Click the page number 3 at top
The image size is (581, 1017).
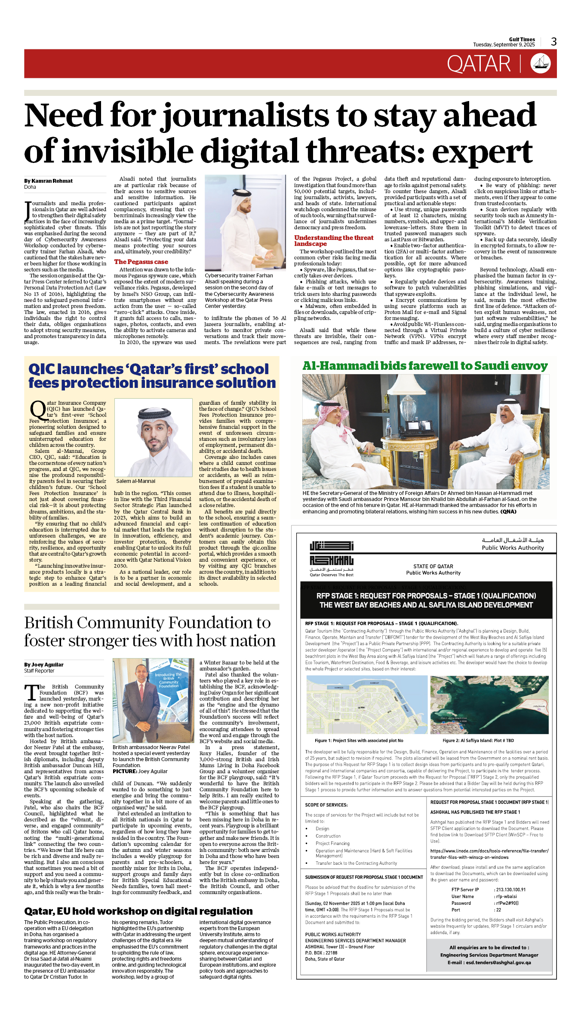[553, 42]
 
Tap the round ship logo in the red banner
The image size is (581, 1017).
[541, 64]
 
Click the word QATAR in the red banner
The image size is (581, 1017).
[478, 64]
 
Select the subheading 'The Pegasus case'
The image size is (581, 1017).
[141, 261]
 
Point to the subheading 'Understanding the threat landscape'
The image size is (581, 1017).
[334, 240]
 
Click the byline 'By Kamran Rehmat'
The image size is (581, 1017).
[48, 181]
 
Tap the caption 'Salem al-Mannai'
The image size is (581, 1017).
[135, 481]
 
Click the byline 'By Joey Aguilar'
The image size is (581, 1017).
[43, 664]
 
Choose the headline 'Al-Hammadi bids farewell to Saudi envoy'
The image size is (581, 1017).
[425, 366]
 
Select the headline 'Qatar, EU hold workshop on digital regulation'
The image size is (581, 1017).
[138, 911]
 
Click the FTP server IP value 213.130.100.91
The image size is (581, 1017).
[510, 890]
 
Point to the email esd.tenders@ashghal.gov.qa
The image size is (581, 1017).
[489, 962]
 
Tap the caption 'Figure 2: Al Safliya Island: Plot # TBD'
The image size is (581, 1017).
[478, 740]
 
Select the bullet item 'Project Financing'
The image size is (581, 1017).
[332, 843]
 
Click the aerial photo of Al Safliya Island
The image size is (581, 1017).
[489, 705]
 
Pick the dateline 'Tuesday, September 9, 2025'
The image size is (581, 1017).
[504, 45]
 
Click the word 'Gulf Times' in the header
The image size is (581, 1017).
[522, 39]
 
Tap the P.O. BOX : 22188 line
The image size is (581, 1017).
[321, 952]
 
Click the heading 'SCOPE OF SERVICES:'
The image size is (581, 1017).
[326, 805]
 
